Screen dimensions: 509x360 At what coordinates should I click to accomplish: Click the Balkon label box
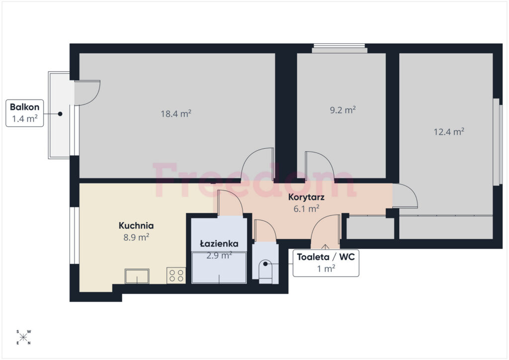tap(25, 113)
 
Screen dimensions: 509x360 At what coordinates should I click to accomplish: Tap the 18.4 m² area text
tap(176, 113)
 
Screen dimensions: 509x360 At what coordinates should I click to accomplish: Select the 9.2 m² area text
tap(343, 110)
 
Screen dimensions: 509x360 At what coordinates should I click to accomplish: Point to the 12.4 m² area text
tap(449, 131)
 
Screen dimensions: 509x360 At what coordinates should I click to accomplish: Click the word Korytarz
tap(306, 197)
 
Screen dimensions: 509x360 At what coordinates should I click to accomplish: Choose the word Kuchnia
tap(136, 225)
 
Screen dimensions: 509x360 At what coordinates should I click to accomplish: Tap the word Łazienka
tap(219, 244)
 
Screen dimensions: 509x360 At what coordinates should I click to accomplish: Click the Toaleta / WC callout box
tap(326, 263)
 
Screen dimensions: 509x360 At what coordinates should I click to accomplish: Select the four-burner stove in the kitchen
tap(176, 275)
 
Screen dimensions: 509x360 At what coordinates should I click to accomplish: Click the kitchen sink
tap(137, 276)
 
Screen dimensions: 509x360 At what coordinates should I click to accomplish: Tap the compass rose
tap(23, 337)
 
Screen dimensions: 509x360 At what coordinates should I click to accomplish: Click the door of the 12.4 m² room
tap(405, 195)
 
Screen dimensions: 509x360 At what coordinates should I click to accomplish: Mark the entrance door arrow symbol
tap(325, 246)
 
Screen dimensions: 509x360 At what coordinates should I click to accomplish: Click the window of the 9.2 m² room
tap(339, 49)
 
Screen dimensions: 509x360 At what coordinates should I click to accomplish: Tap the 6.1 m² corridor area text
tap(306, 208)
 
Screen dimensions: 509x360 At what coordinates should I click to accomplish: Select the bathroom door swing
tap(230, 203)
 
